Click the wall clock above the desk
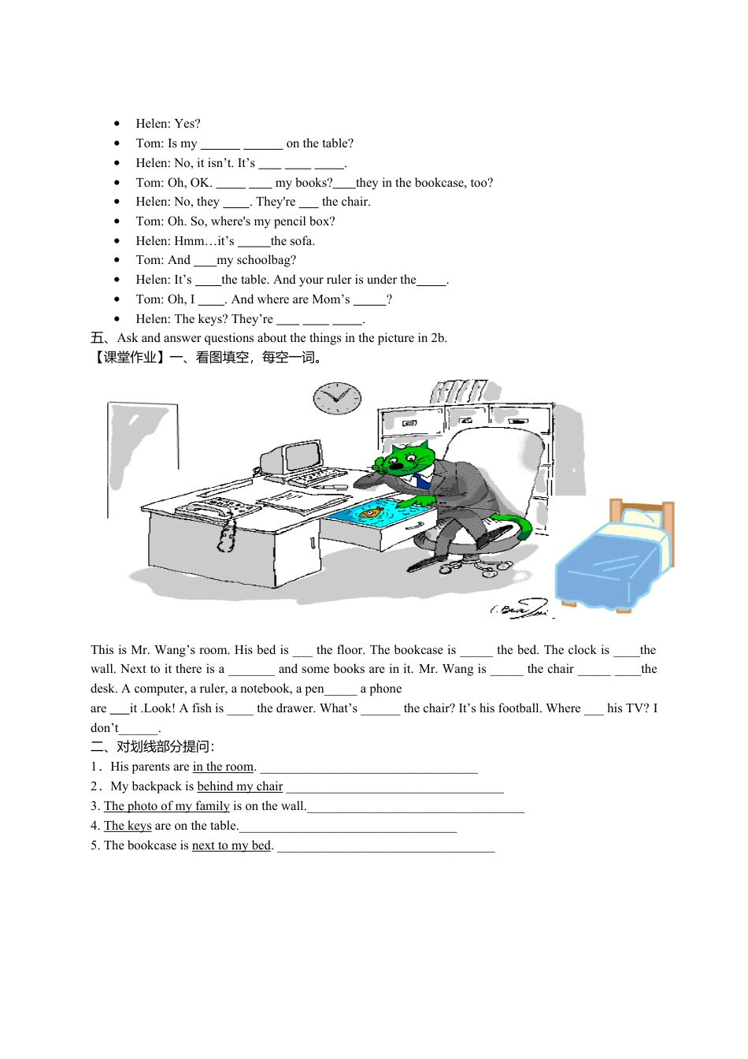coord(337,398)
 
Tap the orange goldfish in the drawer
coord(371,514)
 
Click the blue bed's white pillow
coord(642,517)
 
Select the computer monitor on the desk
coord(302,455)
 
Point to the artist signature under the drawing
coord(520,608)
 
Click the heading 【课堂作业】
coord(128,358)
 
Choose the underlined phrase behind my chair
coord(239,786)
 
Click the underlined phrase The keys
coord(128,826)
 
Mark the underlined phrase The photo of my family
coord(167,806)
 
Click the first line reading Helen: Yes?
coord(168,124)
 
